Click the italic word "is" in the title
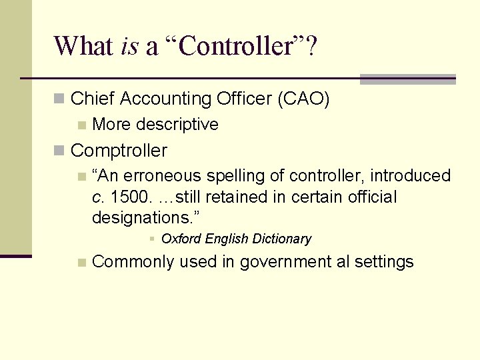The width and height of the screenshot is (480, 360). pyautogui.click(x=130, y=46)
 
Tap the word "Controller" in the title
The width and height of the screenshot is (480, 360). pyautogui.click(x=236, y=46)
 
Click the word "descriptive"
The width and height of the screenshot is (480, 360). pyautogui.click(x=178, y=125)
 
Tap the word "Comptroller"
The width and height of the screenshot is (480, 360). pyautogui.click(x=119, y=151)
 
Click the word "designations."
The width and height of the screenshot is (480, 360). pyautogui.click(x=146, y=218)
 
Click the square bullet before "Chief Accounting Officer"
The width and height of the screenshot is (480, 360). pyautogui.click(x=59, y=99)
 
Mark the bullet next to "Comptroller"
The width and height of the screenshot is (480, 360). pyautogui.click(x=59, y=151)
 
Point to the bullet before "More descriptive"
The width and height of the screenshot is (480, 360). pyautogui.click(x=82, y=125)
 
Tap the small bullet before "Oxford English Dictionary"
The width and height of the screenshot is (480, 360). pyautogui.click(x=152, y=239)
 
